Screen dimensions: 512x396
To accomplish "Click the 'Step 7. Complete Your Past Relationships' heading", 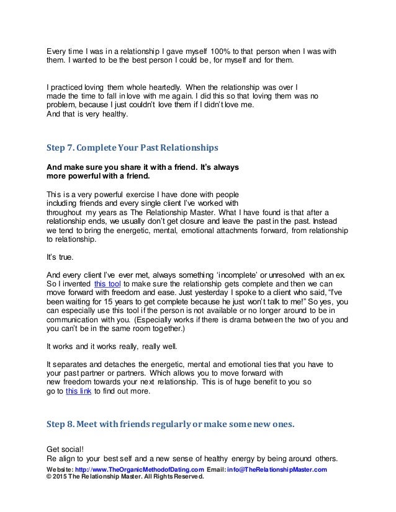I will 132,149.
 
